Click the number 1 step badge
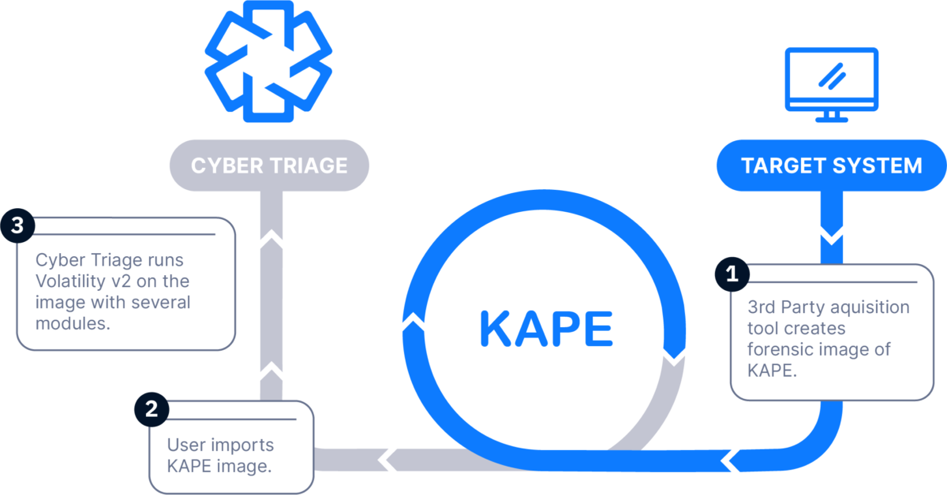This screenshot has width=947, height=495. (732, 274)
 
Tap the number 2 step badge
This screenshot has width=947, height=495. (152, 409)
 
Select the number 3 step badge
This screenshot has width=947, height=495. (17, 225)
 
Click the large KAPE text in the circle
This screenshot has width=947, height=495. (546, 329)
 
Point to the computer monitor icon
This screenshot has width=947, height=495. (832, 85)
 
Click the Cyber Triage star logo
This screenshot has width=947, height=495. (268, 61)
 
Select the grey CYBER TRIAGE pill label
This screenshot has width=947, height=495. (269, 166)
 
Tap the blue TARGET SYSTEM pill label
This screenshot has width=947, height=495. (832, 166)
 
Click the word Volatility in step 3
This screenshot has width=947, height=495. (70, 281)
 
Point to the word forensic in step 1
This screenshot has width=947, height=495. (775, 350)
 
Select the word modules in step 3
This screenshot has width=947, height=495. (73, 323)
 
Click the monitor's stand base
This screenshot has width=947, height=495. (832, 120)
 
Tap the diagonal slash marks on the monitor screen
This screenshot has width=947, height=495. (832, 76)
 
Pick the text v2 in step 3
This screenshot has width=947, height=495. (121, 281)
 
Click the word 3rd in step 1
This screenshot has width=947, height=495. (762, 307)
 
